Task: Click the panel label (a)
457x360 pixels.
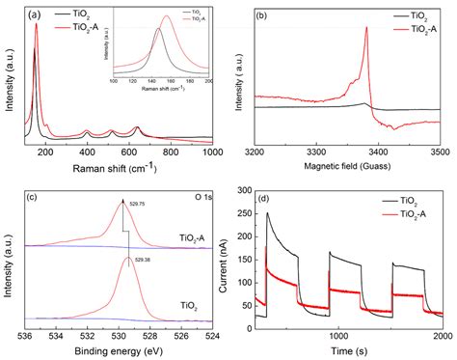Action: [36, 15]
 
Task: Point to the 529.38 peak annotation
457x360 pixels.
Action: [143, 271]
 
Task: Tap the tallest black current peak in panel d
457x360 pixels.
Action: [268, 213]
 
